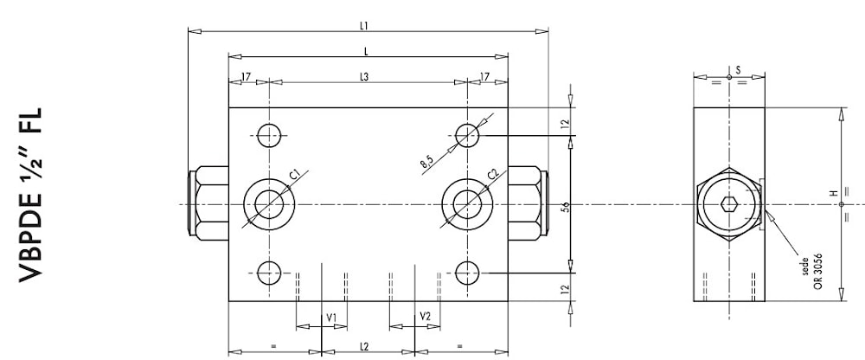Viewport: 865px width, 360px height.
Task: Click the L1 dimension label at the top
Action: pyautogui.click(x=365, y=26)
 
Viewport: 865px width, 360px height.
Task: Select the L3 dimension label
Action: pyautogui.click(x=365, y=77)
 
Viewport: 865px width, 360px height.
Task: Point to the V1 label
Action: pyautogui.click(x=330, y=318)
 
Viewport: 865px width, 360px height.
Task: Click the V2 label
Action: pyautogui.click(x=425, y=318)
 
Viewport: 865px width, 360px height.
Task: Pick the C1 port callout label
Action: pyautogui.click(x=295, y=175)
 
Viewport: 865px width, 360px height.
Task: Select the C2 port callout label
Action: pyautogui.click(x=493, y=175)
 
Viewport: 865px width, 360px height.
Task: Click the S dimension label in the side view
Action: pyautogui.click(x=738, y=68)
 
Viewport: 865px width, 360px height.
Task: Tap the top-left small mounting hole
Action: pyautogui.click(x=269, y=133)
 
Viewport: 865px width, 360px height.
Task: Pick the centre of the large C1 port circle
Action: pyautogui.click(x=269, y=204)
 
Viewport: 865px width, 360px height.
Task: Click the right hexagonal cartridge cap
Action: pyautogui.click(x=527, y=204)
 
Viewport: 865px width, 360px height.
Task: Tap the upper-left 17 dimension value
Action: pyautogui.click(x=247, y=77)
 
